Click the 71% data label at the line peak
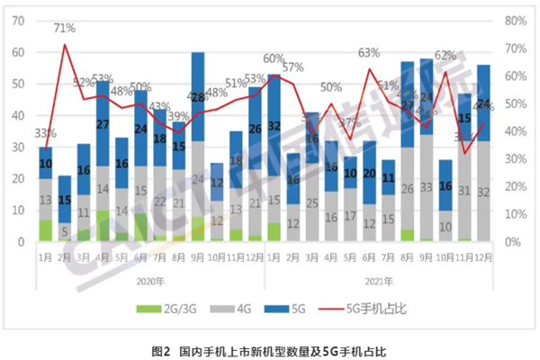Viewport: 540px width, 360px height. click(64, 28)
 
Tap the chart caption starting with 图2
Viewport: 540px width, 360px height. click(269, 347)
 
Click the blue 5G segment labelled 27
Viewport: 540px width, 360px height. click(102, 123)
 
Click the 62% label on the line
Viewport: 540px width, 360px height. click(445, 56)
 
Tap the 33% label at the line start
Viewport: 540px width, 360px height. click(43, 135)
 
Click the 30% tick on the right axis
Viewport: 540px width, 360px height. click(514, 159)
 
